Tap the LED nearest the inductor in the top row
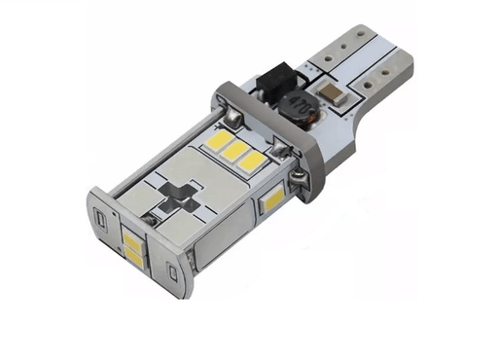pyautogui.click(x=252, y=158)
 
